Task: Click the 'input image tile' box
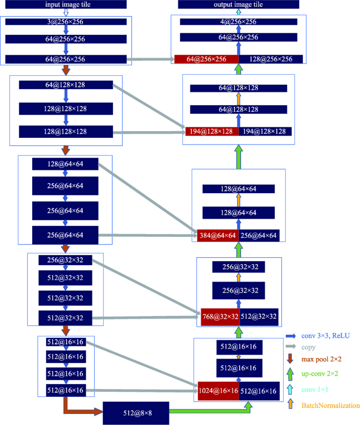[x=66, y=4]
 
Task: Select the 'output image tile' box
[x=239, y=4]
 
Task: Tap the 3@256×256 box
[x=66, y=22]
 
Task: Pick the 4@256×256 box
[x=239, y=22]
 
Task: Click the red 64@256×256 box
[x=207, y=59]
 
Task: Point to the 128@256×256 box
[x=271, y=59]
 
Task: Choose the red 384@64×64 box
[x=218, y=235]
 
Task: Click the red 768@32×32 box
[x=220, y=317]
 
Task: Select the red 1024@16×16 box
[x=218, y=391]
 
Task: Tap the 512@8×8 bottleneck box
[x=136, y=413]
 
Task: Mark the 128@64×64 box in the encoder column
[x=65, y=164]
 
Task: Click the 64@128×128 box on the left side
[x=66, y=85]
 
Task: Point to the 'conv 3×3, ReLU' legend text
[x=326, y=336]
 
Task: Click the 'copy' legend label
[x=308, y=347]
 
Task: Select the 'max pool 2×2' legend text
[x=321, y=359]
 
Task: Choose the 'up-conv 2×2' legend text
[x=320, y=374]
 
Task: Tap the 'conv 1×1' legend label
[x=315, y=390]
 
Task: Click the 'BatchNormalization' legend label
[x=331, y=406]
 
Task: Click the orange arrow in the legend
[x=291, y=404]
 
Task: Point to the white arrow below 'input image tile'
[x=66, y=13]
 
